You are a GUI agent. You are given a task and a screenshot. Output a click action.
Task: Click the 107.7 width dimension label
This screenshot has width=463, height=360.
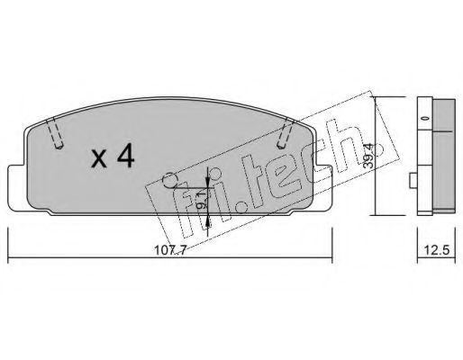pos(170,250)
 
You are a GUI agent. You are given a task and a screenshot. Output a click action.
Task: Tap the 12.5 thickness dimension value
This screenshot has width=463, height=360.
pos(437,250)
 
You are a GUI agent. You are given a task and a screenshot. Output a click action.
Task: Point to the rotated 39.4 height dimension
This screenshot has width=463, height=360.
pos(369,156)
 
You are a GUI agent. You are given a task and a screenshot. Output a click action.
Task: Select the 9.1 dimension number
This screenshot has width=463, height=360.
pos(202,201)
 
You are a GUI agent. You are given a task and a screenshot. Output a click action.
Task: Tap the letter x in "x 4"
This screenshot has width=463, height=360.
pos(99,159)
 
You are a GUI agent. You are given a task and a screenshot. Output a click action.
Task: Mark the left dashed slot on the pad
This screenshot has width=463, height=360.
pos(55,133)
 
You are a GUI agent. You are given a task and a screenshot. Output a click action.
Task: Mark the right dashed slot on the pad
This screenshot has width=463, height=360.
pos(285,133)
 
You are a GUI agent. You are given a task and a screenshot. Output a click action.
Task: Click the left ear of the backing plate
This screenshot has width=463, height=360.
pos(17,186)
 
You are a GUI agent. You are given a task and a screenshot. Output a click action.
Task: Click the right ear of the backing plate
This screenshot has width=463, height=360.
pos(323,186)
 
